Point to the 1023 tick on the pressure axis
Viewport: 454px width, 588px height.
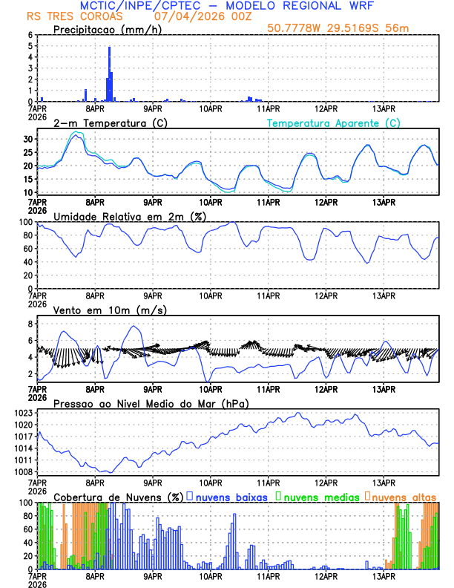[24, 413]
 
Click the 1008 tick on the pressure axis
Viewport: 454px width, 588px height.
[24, 471]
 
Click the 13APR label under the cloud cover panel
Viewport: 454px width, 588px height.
[383, 575]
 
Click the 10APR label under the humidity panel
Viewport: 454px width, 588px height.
[210, 295]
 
